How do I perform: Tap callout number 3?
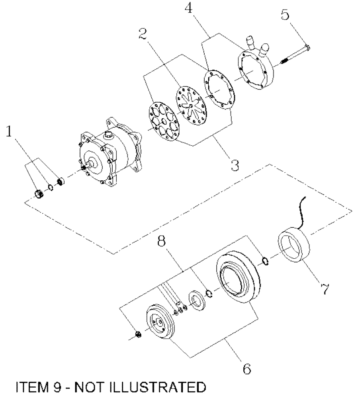click(235, 164)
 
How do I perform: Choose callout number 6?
click(247, 368)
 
